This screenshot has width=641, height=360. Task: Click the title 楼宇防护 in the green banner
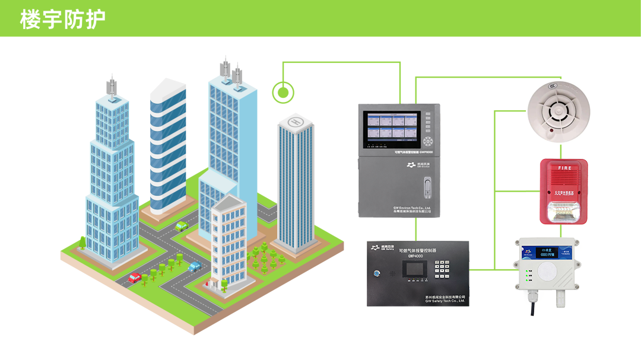[x=62, y=19]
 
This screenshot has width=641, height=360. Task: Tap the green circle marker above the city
[x=283, y=93]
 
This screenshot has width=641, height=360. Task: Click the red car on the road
[x=135, y=277]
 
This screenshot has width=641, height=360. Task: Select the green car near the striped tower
[x=182, y=226]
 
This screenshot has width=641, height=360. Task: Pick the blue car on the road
[x=194, y=266]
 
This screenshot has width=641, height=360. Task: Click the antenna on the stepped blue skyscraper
[x=111, y=87]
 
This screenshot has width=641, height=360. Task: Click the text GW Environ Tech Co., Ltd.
[x=415, y=208]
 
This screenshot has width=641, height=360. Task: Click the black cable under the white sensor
[x=533, y=306]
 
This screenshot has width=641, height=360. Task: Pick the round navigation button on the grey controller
[x=428, y=141]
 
